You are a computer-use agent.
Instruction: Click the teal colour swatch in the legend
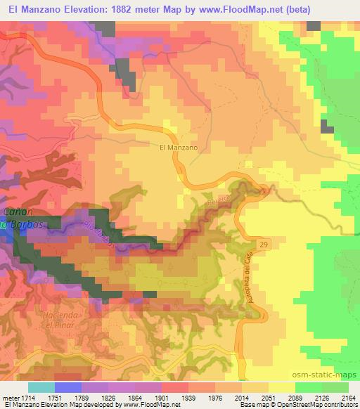41,387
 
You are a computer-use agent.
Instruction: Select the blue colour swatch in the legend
67,387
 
